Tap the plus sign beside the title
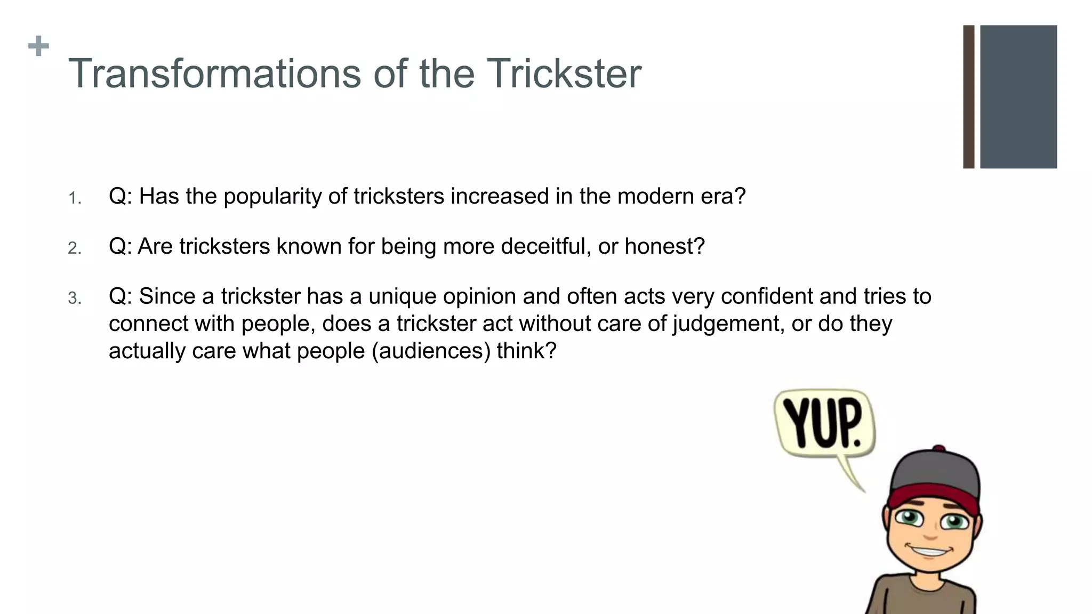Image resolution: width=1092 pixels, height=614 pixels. [38, 46]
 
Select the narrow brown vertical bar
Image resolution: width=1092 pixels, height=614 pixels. [969, 97]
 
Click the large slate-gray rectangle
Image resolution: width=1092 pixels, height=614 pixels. [1018, 97]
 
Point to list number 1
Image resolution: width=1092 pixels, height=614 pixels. [75, 199]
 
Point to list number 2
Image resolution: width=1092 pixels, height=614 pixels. [75, 248]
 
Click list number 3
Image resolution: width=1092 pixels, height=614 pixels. [75, 298]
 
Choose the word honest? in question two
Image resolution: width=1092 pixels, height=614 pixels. [664, 246]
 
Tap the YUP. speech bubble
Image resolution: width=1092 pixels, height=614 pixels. [824, 424]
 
